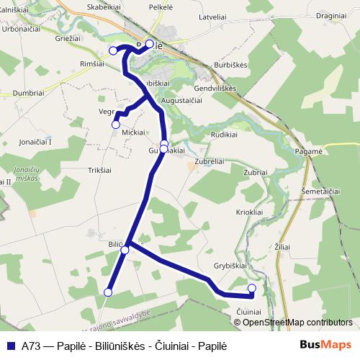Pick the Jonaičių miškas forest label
27,173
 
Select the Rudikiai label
224,135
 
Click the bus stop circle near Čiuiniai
252,289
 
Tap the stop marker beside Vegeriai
115,124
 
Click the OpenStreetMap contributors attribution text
297,322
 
